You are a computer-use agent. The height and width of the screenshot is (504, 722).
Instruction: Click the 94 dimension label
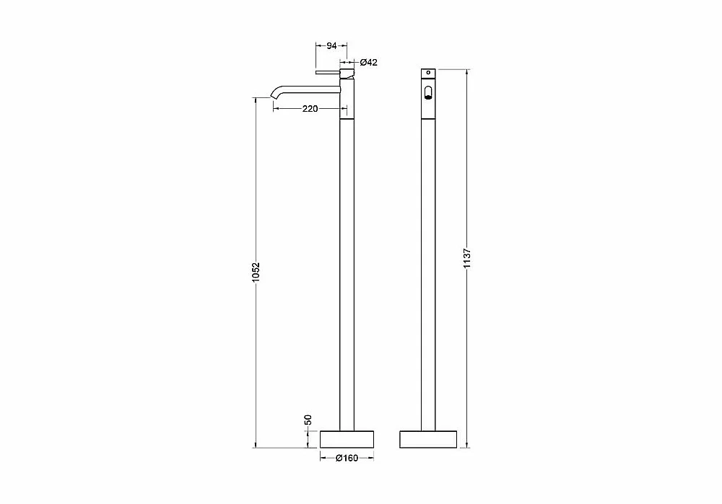click(331, 45)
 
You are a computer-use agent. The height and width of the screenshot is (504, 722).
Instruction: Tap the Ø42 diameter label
click(368, 62)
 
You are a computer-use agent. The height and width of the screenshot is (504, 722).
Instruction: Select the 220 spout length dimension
click(310, 109)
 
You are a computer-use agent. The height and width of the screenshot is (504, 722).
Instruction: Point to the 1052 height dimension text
click(256, 272)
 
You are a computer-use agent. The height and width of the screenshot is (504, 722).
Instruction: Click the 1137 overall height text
click(467, 258)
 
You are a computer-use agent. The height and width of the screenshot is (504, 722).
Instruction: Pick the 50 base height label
click(308, 420)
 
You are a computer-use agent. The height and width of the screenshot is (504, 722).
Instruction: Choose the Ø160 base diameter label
click(347, 458)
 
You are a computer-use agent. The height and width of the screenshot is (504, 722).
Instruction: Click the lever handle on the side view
click(328, 73)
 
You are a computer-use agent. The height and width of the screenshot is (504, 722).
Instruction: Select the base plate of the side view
click(347, 438)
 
